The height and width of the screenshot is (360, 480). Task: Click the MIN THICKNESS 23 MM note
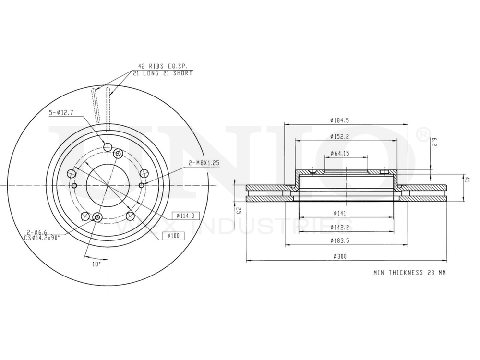[x=410, y=272]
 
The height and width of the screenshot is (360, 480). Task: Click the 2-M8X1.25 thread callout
[x=204, y=163]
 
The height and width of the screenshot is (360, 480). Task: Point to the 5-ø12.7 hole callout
[x=61, y=113]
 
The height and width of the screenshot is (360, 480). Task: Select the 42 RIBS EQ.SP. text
[x=162, y=66]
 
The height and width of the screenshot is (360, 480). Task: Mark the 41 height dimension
[x=466, y=179]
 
